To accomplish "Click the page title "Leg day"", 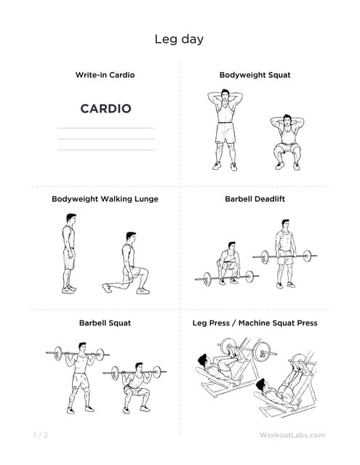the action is tap(179, 39).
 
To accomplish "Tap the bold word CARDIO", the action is tap(105, 108).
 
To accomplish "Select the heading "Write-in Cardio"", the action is tap(105, 75).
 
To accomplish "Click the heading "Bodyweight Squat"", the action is tap(255, 76).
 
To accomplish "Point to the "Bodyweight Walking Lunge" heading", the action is tap(105, 199).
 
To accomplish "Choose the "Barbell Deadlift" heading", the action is tap(255, 199).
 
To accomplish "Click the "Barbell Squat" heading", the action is tap(105, 323).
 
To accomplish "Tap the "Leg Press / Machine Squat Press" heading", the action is tap(255, 323).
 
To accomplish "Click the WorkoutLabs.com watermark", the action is tap(292, 435).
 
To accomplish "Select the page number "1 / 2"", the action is tap(40, 435).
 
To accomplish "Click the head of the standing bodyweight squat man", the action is tap(225, 94).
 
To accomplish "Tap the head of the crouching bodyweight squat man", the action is tap(287, 120).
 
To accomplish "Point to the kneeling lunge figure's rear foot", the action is tap(107, 288).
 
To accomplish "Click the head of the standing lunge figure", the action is tap(71, 219).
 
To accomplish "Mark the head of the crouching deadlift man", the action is tap(232, 246).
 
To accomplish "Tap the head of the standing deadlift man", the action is tap(285, 225).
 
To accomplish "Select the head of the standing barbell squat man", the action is tap(82, 347).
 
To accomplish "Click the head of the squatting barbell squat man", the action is tap(139, 367).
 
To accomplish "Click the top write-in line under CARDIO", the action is tap(106, 128).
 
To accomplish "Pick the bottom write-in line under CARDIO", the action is tap(106, 150).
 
